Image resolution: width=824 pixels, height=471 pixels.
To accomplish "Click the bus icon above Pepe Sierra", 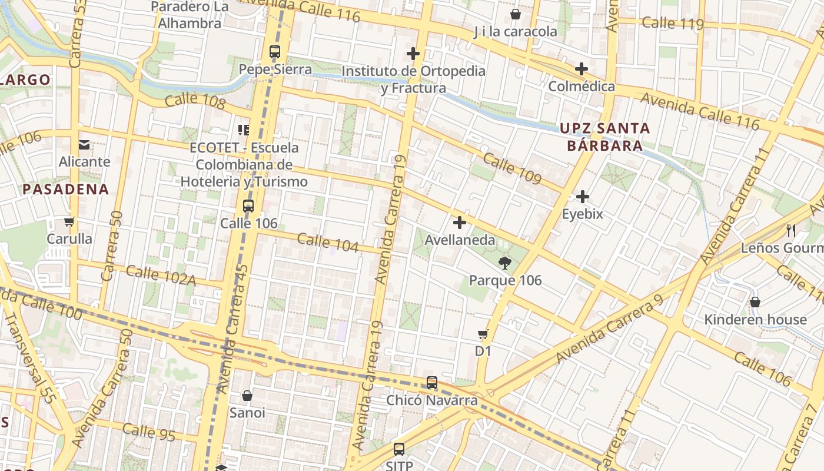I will pyautogui.click(x=275, y=51).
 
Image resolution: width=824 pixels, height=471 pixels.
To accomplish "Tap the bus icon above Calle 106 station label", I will pyautogui.click(x=248, y=206).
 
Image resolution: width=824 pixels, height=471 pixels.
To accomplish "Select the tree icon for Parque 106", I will pyautogui.click(x=504, y=263).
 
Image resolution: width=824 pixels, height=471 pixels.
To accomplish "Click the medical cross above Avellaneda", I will pyautogui.click(x=460, y=223).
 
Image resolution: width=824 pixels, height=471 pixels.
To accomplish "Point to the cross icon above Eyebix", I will pyautogui.click(x=583, y=196).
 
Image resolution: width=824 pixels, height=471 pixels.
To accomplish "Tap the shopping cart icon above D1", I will pyautogui.click(x=483, y=334).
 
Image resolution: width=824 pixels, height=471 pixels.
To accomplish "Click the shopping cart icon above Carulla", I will pyautogui.click(x=69, y=222).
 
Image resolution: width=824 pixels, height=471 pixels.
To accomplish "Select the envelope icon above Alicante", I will pyautogui.click(x=84, y=144).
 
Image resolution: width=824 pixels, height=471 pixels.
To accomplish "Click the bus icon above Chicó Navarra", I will pyautogui.click(x=432, y=383).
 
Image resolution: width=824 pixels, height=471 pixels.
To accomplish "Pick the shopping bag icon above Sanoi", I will pyautogui.click(x=247, y=396).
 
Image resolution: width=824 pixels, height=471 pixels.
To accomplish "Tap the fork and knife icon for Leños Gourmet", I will pyautogui.click(x=791, y=230).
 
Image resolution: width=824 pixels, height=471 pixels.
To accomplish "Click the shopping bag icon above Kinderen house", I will pyautogui.click(x=755, y=302).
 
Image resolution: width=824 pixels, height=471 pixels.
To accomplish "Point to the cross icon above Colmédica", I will pyautogui.click(x=582, y=69).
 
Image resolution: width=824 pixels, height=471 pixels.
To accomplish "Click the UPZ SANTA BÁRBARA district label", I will pyautogui.click(x=604, y=137).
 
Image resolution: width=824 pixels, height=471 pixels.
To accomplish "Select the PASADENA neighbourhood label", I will pyautogui.click(x=66, y=189).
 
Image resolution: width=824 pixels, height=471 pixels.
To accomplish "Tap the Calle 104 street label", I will pyautogui.click(x=328, y=243).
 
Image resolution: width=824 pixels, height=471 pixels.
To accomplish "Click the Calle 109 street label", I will pyautogui.click(x=512, y=168).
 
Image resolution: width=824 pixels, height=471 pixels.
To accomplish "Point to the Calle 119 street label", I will pyautogui.click(x=673, y=24).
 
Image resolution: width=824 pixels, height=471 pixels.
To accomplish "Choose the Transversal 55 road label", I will pyautogui.click(x=30, y=357).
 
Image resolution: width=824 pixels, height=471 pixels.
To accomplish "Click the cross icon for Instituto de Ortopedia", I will pyautogui.click(x=413, y=54).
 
